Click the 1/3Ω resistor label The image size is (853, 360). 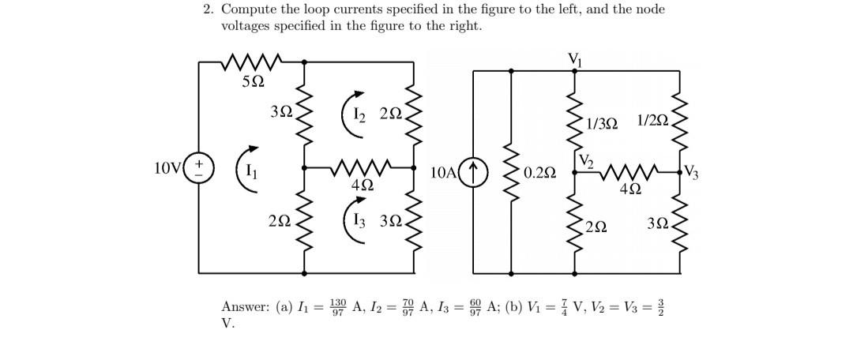pos(603,122)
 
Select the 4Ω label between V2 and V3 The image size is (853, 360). pos(630,189)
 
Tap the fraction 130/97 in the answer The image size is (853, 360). pos(338,306)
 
